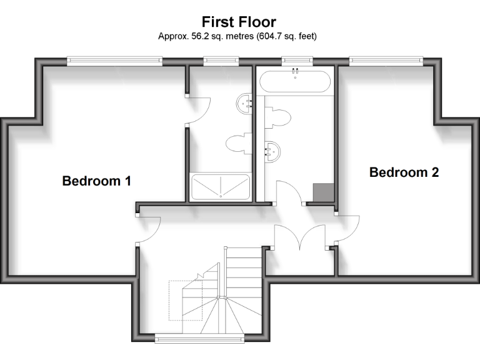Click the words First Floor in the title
click(x=239, y=22)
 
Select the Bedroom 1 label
click(x=96, y=181)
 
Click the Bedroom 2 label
click(x=404, y=172)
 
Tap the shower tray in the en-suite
click(x=221, y=187)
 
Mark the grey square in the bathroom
click(x=323, y=192)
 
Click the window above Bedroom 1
click(x=115, y=61)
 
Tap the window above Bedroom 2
click(x=386, y=61)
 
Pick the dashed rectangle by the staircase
click(x=185, y=300)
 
